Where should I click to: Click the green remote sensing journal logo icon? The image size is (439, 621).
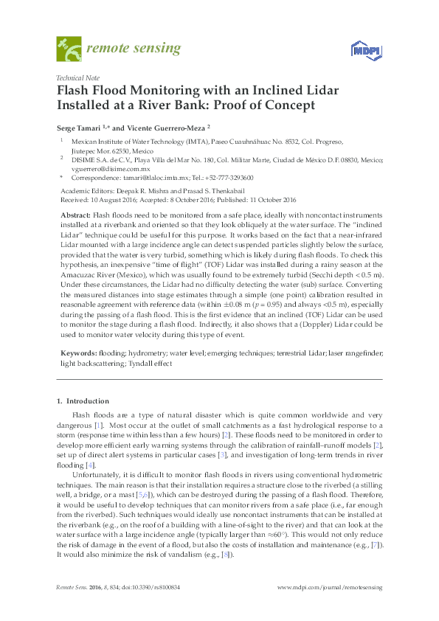click(69, 49)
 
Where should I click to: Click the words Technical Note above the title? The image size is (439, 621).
click(79, 77)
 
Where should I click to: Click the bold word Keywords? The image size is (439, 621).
click(77, 353)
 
